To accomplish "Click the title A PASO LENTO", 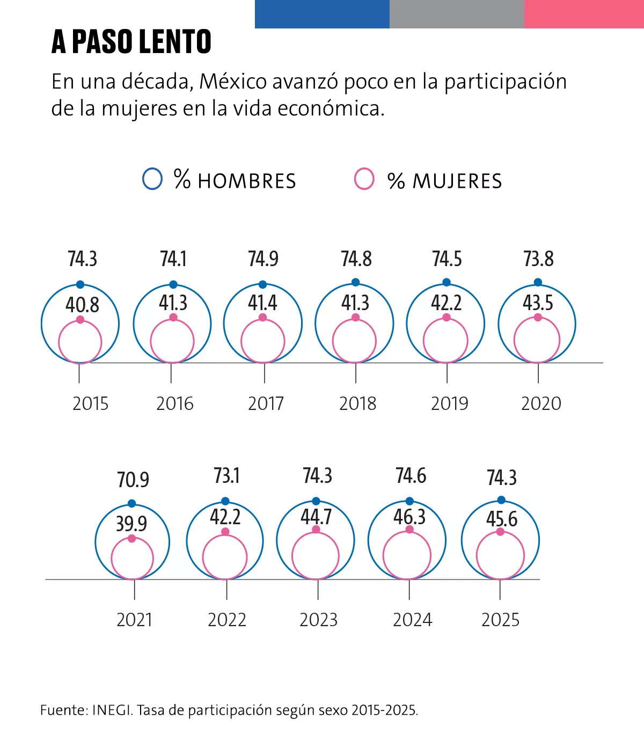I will click(x=131, y=42).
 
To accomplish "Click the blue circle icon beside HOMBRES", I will click(x=152, y=179).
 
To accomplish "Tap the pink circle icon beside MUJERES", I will click(x=364, y=179).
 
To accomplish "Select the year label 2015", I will click(x=90, y=403).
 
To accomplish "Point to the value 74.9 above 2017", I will click(x=263, y=259).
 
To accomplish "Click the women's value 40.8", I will click(x=82, y=305).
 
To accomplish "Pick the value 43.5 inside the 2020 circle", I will click(x=538, y=303).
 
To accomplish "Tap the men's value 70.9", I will click(x=133, y=479).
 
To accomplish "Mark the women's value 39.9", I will click(x=131, y=523).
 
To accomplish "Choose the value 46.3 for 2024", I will click(x=409, y=517).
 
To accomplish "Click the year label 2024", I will click(x=412, y=620).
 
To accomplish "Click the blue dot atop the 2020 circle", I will click(x=538, y=282).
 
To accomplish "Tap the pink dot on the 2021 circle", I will click(x=132, y=538).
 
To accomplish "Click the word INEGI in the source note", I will click(x=112, y=710).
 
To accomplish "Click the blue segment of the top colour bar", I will click(x=322, y=14).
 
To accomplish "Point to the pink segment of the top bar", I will click(x=584, y=14).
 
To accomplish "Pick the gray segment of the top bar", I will click(x=456, y=14).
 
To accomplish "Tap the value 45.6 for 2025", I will click(x=502, y=519).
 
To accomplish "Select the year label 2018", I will click(x=357, y=403).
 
